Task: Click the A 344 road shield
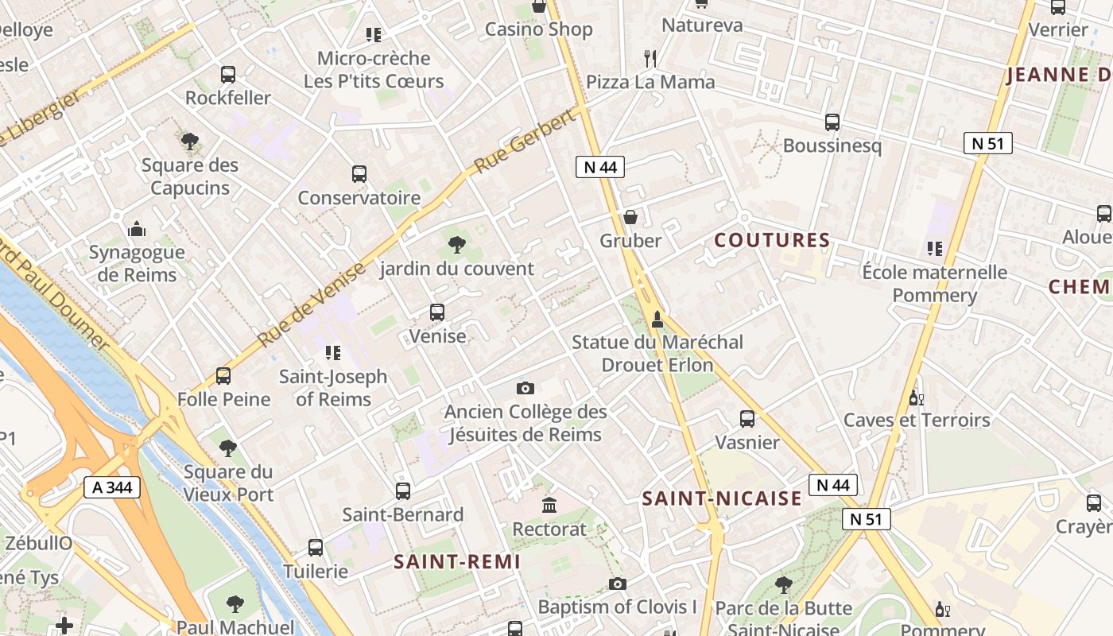tap(112, 487)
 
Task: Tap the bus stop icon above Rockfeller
tap(228, 75)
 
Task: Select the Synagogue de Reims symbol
tap(137, 229)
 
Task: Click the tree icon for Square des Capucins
tap(189, 142)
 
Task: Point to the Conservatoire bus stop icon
tap(359, 174)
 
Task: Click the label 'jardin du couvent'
tap(457, 268)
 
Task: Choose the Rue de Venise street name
tap(312, 305)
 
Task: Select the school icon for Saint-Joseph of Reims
tap(332, 352)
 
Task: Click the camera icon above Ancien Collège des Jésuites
tap(525, 388)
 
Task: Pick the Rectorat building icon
tap(549, 505)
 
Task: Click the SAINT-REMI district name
tap(457, 561)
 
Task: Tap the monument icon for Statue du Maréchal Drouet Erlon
tap(657, 320)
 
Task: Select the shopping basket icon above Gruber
tap(630, 217)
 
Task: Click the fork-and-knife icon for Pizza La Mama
tap(650, 58)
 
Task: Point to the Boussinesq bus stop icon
tap(832, 122)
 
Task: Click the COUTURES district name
tap(772, 240)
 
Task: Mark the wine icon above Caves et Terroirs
tap(916, 397)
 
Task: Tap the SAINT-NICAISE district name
tap(722, 498)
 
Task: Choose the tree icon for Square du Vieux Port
tap(228, 448)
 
